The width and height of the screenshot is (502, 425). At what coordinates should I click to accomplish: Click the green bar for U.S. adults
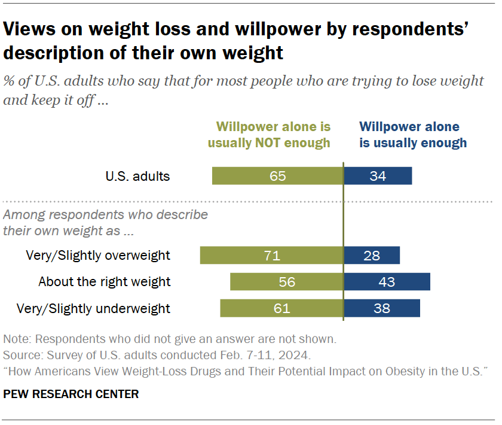pyautogui.click(x=277, y=176)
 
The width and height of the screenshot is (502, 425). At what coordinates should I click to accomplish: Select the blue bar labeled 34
pyautogui.click(x=378, y=176)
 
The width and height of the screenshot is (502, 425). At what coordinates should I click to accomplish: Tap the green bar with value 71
pyautogui.click(x=271, y=256)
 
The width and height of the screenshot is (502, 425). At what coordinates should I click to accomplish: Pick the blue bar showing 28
pyautogui.click(x=372, y=256)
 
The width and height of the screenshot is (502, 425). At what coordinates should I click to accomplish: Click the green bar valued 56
pyautogui.click(x=286, y=282)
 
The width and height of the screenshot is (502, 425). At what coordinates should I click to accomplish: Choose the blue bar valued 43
pyautogui.click(x=387, y=282)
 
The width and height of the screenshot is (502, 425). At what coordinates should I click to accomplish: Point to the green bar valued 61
pyautogui.click(x=281, y=308)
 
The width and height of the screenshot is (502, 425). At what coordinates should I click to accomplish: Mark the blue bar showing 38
pyautogui.click(x=381, y=308)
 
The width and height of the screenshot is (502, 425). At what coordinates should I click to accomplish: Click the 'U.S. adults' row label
pyautogui.click(x=137, y=176)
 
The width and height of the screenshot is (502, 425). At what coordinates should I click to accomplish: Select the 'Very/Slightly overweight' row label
pyautogui.click(x=98, y=256)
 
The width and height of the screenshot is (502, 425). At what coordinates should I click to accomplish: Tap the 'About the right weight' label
pyautogui.click(x=105, y=282)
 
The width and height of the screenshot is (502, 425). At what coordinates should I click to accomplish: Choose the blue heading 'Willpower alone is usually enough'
pyautogui.click(x=412, y=135)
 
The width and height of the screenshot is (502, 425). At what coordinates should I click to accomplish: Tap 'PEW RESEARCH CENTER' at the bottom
pyautogui.click(x=71, y=394)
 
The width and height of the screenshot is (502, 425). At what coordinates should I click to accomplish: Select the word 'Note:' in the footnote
pyautogui.click(x=17, y=339)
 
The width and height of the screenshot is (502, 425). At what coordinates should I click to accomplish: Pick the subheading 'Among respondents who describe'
pyautogui.click(x=106, y=214)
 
